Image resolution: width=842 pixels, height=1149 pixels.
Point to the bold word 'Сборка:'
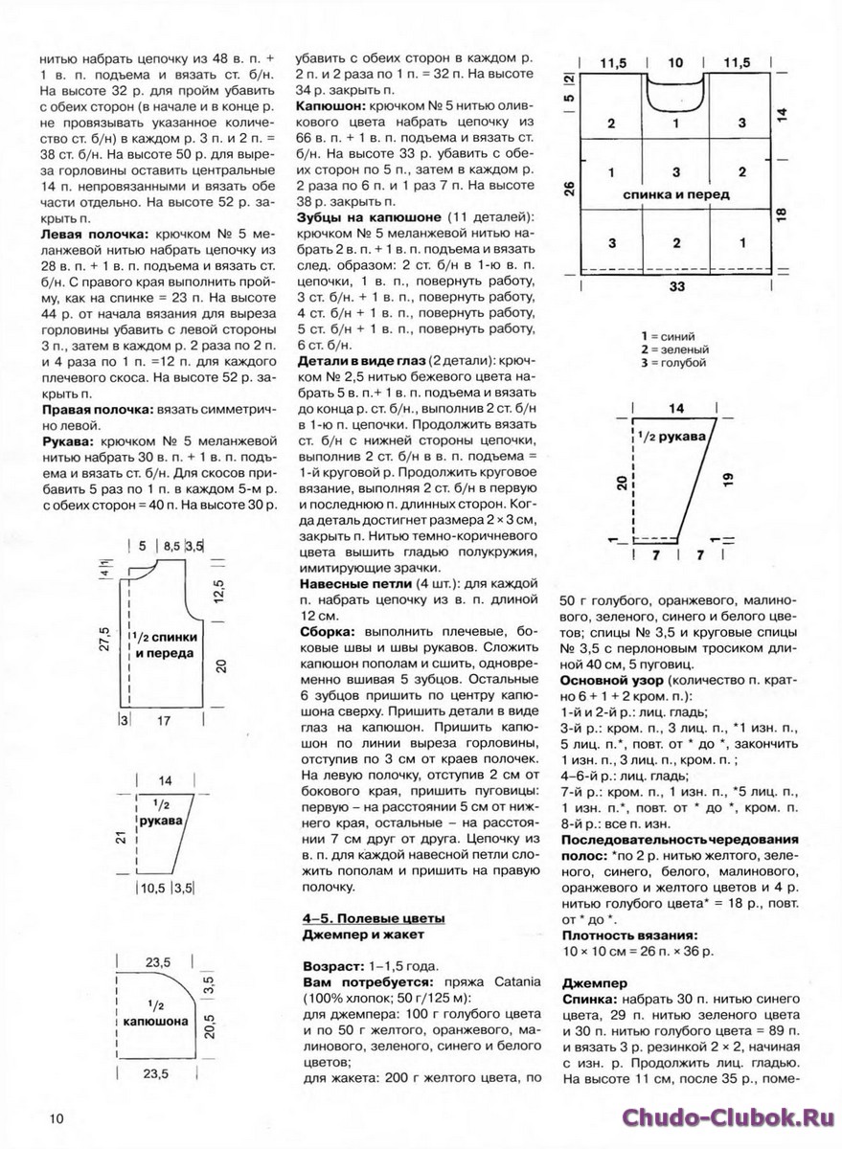327,633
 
